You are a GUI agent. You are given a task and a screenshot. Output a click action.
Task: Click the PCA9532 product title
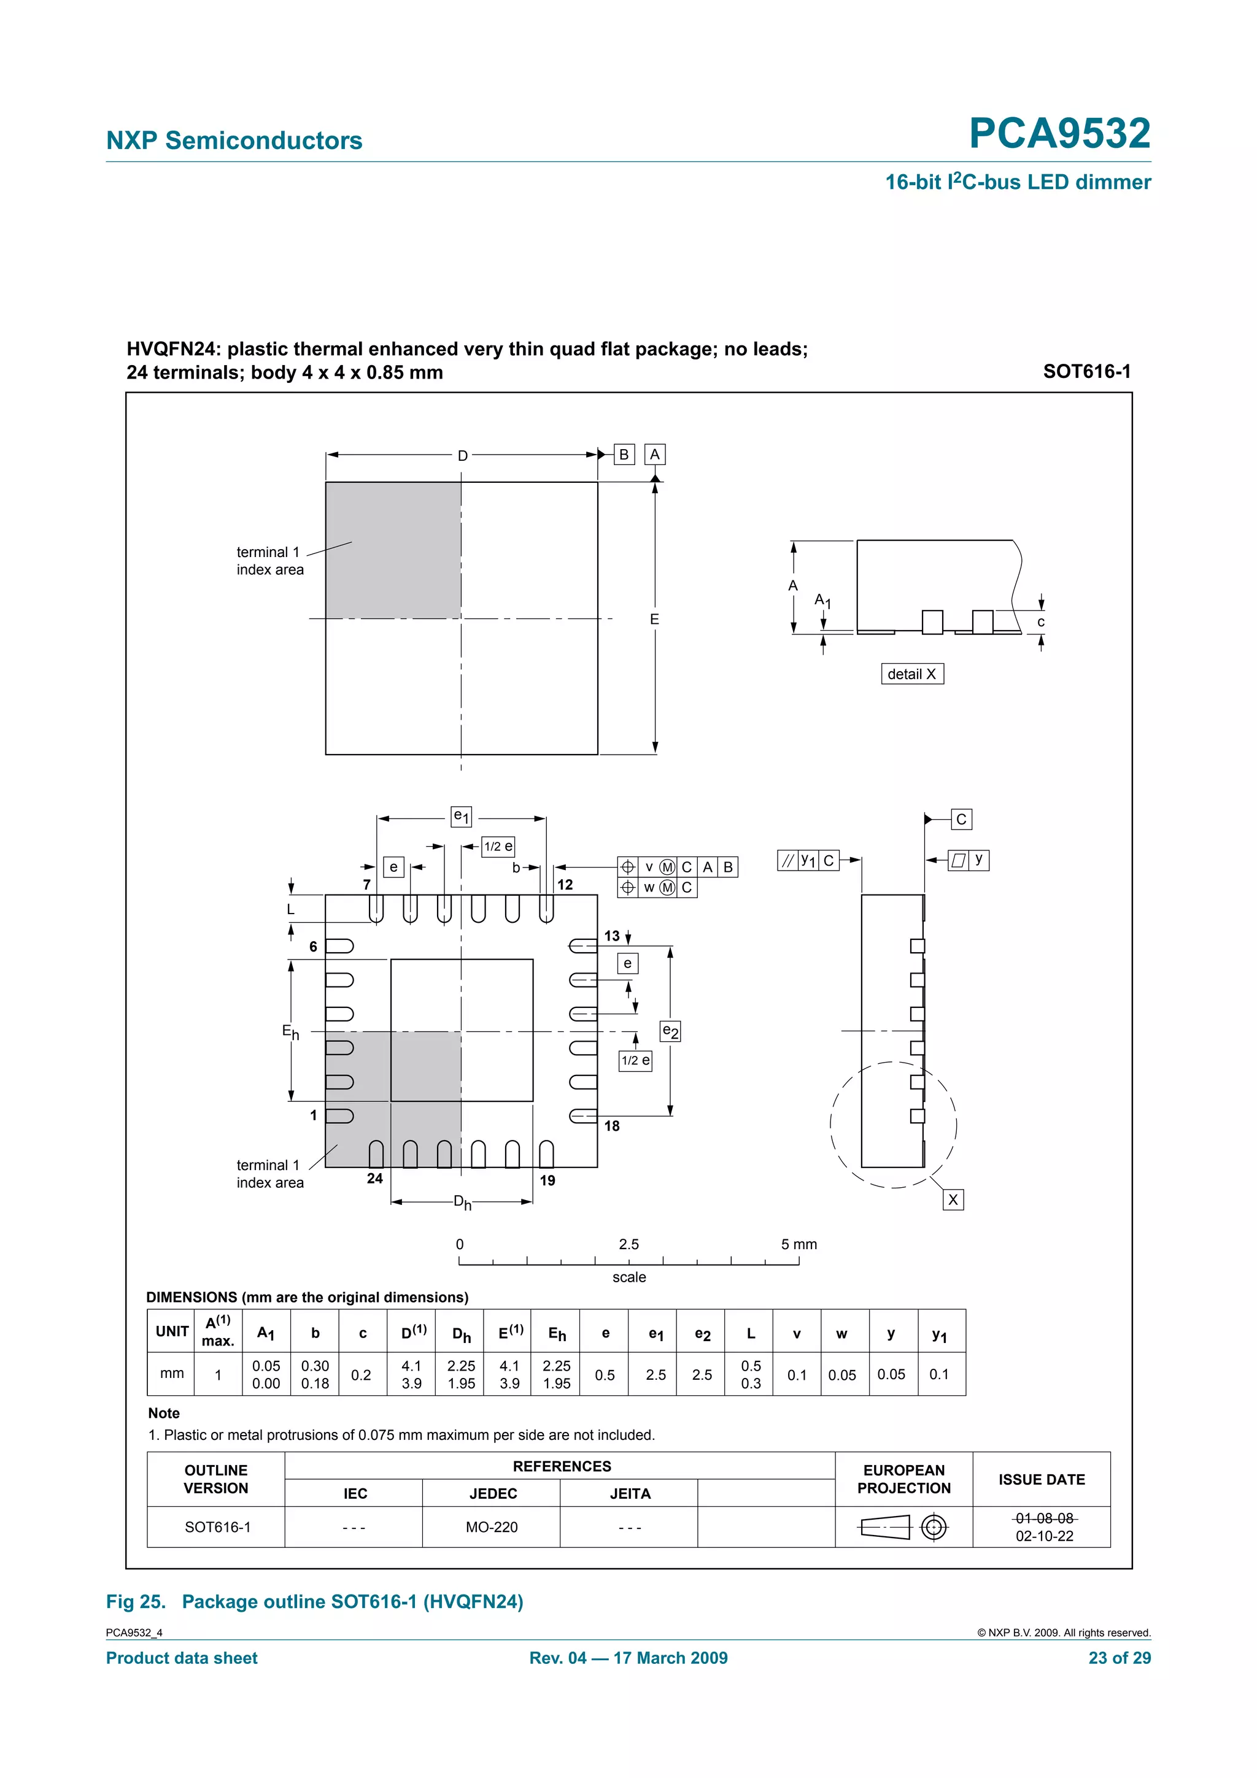tap(1059, 133)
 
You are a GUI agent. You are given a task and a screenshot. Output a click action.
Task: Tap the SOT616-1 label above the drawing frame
tap(1086, 372)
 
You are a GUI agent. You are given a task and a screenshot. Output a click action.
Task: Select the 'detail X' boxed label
tap(911, 674)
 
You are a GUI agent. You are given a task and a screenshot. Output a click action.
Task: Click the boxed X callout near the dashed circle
tap(953, 1199)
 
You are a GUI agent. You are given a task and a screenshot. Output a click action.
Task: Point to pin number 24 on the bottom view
tap(375, 1179)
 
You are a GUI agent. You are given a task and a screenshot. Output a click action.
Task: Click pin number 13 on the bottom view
tap(612, 936)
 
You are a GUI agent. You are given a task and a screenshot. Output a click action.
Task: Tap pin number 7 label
tap(367, 884)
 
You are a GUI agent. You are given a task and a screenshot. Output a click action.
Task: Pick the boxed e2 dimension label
tap(670, 1031)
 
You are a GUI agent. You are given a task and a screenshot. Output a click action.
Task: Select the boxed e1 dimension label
tap(461, 816)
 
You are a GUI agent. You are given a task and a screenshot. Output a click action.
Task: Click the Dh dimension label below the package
tap(462, 1203)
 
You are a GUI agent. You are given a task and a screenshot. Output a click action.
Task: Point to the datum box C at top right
tap(961, 819)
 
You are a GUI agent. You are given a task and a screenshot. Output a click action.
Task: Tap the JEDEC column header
tap(493, 1494)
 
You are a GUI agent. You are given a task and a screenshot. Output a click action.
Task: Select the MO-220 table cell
tap(492, 1527)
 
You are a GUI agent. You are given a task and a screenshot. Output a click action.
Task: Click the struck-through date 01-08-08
tap(1044, 1518)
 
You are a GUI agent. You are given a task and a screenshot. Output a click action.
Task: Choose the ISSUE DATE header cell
tap(1041, 1479)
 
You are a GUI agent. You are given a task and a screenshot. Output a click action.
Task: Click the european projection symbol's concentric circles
tap(934, 1527)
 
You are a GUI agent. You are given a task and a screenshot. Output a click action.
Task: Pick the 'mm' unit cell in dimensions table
tap(172, 1374)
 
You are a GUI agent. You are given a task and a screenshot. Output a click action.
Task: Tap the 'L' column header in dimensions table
tap(751, 1333)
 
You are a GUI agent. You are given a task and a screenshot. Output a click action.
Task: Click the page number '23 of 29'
tap(1119, 1658)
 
